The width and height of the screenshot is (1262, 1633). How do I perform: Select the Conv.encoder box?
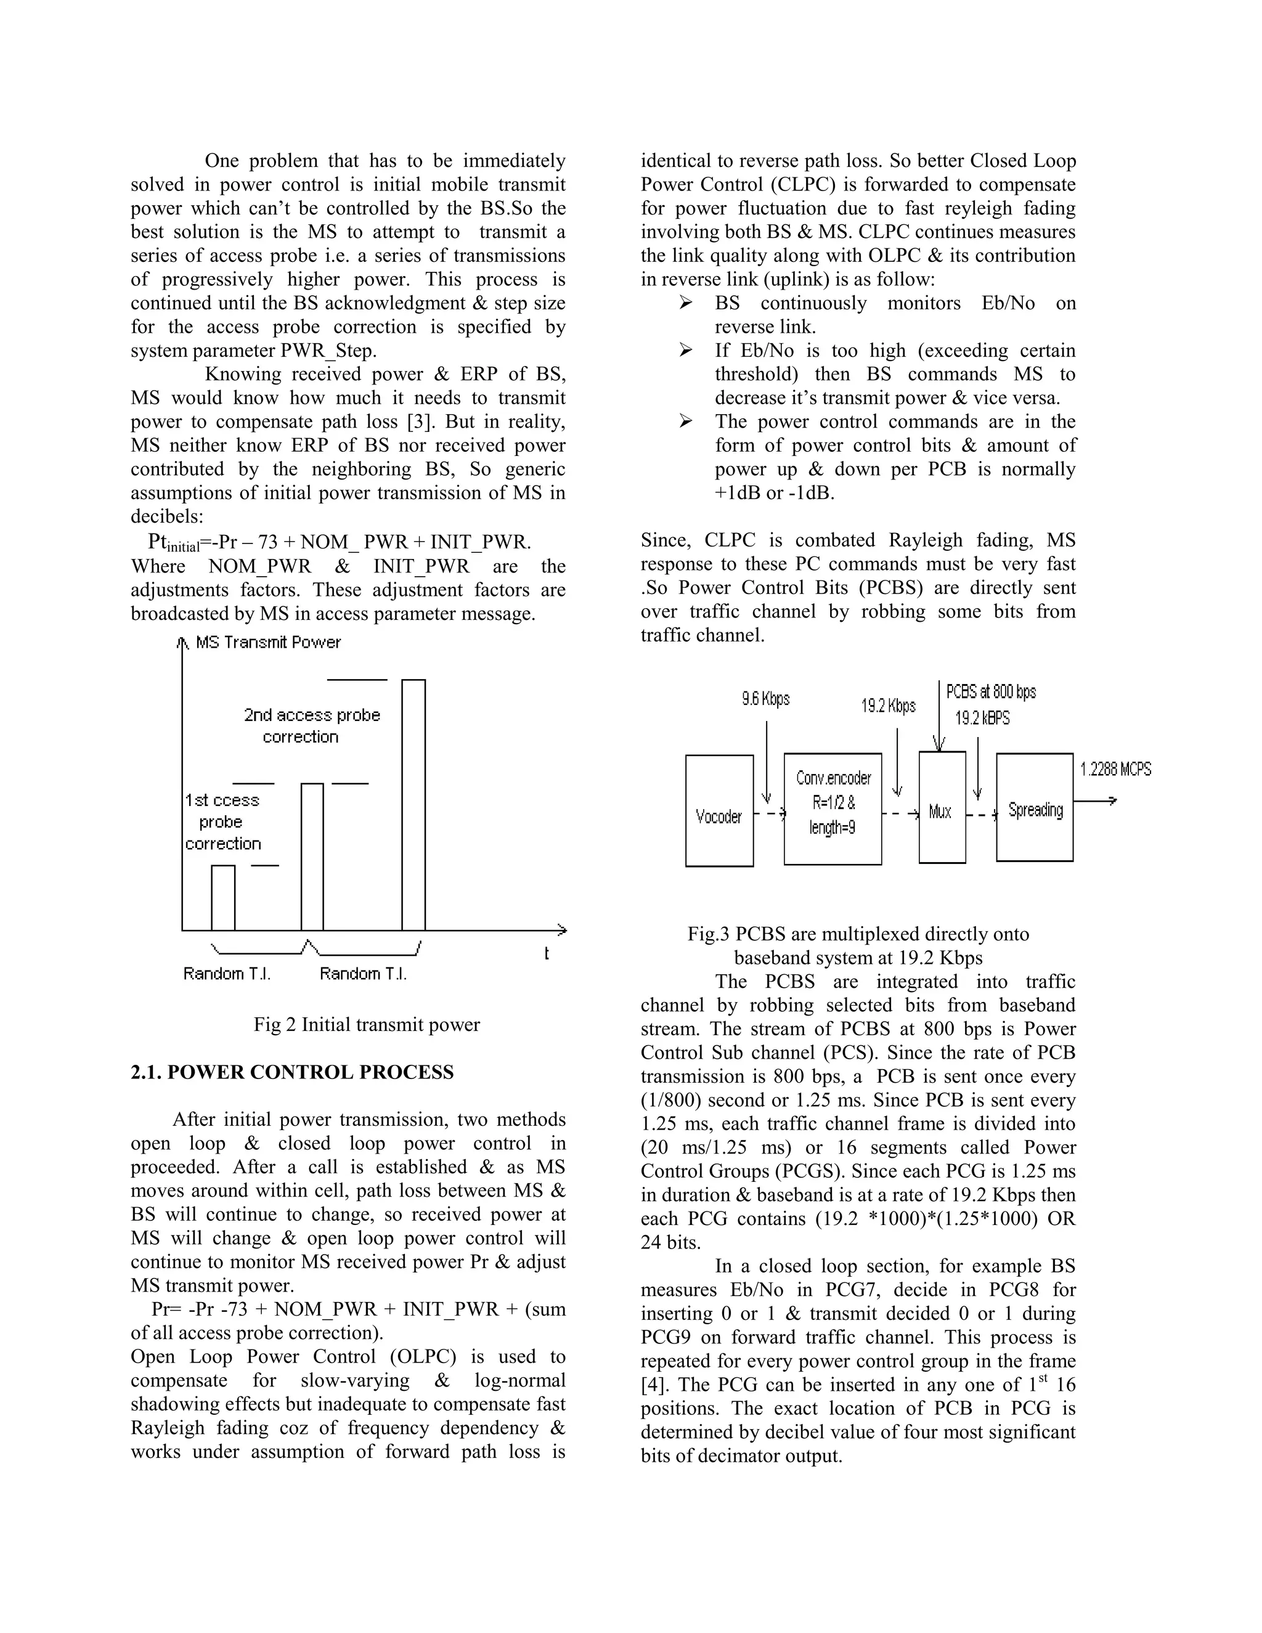(x=832, y=809)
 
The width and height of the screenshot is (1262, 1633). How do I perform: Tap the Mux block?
(x=942, y=807)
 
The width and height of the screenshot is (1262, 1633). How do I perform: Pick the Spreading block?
(x=1035, y=807)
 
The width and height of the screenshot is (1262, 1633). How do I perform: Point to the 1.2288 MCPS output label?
(x=1115, y=768)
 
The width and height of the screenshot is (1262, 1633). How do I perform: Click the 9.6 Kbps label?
(x=765, y=699)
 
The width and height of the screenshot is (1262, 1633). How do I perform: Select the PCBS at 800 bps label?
(x=991, y=691)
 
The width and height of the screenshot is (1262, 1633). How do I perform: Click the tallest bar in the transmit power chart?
(x=413, y=805)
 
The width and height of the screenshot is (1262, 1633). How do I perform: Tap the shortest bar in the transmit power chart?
(x=223, y=897)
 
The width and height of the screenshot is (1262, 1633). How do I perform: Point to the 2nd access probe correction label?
(x=311, y=725)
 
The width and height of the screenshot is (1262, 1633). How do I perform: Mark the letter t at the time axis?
(x=547, y=953)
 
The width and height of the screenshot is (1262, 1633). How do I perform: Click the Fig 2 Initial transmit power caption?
(x=367, y=1024)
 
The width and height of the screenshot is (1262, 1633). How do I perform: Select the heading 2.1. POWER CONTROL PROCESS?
(x=291, y=1072)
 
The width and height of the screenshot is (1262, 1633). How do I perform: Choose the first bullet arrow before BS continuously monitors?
(x=686, y=303)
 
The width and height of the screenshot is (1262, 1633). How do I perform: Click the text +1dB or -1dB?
(x=774, y=493)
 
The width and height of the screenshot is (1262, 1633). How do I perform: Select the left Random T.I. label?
(x=227, y=974)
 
